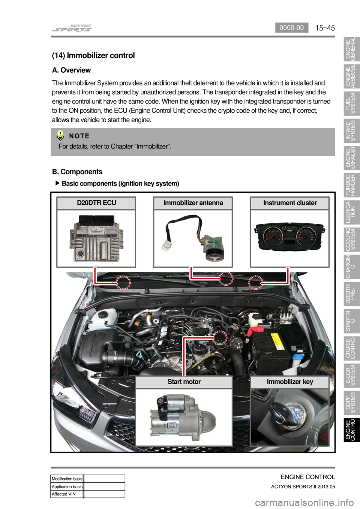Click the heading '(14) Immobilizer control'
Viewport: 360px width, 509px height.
coord(93,55)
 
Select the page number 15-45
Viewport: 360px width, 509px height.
coord(325,28)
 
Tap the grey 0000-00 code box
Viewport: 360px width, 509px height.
coord(291,28)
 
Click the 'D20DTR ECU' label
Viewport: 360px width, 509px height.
coord(96,203)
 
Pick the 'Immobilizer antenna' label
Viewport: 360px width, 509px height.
coord(193,203)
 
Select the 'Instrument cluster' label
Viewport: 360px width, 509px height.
coord(290,203)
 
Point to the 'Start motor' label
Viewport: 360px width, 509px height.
coord(184,382)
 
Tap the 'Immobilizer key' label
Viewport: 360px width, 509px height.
coord(290,382)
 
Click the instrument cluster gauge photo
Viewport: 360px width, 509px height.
coord(290,237)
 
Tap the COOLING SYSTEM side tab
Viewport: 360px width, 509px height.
coord(351,239)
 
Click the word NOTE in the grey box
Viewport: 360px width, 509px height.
coord(79,136)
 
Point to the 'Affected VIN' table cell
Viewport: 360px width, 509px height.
coord(67,494)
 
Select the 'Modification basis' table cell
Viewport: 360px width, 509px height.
coord(67,479)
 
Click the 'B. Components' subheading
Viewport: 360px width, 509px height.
coord(77,172)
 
